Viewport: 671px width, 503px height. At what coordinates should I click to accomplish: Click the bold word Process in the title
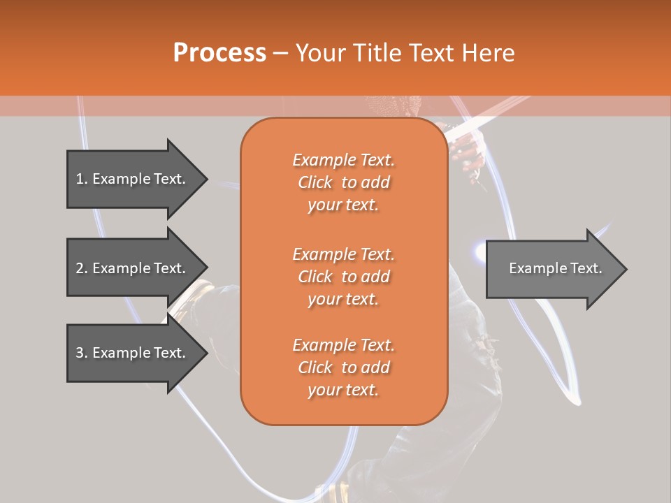(x=219, y=52)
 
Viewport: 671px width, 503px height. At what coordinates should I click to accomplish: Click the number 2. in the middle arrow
(x=82, y=268)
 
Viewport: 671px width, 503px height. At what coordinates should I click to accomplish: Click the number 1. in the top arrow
(x=82, y=179)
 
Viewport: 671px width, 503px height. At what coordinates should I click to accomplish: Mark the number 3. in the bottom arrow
(x=82, y=353)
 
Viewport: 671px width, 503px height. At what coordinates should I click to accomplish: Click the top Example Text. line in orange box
(x=343, y=160)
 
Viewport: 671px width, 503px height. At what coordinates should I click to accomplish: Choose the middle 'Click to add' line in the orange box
(x=343, y=277)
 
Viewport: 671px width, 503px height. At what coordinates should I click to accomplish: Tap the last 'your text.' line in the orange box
(x=343, y=391)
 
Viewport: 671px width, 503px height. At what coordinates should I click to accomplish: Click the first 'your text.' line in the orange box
(x=343, y=205)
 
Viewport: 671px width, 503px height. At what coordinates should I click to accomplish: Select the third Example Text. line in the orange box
(x=343, y=345)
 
